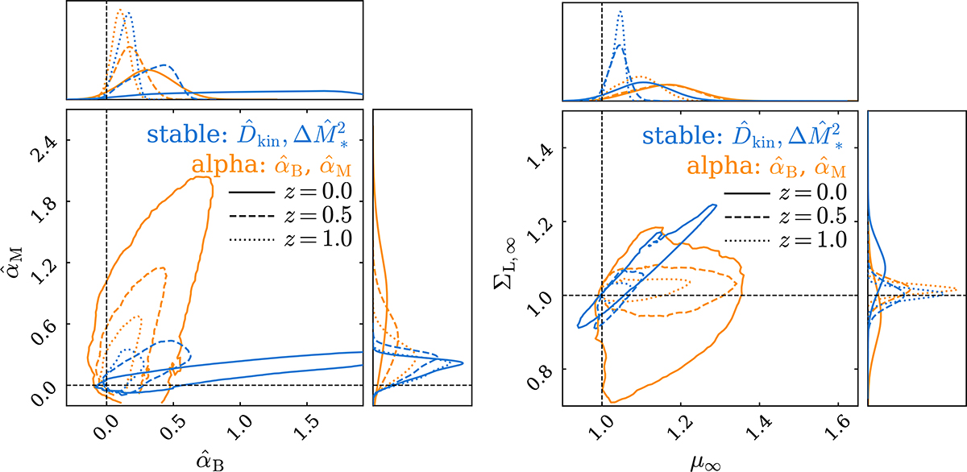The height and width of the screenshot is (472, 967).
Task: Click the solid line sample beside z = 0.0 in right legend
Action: click(x=746, y=193)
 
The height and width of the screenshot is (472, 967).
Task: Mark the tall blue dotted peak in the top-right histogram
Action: click(x=620, y=11)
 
